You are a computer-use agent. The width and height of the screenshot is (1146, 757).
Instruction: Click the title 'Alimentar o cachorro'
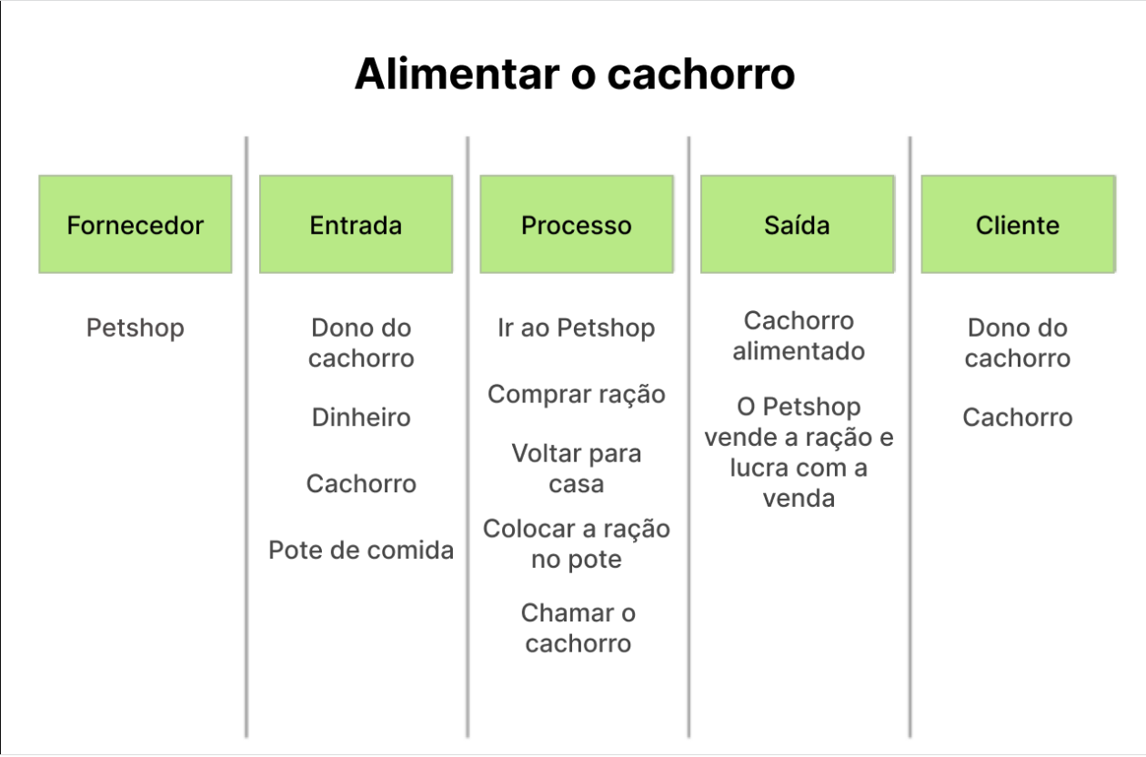point(575,75)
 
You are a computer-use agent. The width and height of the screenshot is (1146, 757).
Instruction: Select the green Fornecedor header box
point(136,224)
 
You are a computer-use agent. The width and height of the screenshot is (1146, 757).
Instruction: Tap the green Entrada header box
point(357,224)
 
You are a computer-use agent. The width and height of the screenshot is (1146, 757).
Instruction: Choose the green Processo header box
point(577,224)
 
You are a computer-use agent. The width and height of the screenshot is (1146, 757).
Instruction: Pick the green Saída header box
point(798,224)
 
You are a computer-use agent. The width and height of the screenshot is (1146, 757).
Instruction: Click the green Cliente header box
point(1018,224)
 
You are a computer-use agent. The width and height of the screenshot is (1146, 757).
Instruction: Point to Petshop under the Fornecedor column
point(135,328)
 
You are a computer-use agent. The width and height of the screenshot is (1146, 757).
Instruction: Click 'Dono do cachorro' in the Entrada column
point(361,343)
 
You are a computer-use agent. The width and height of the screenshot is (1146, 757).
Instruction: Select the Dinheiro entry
point(361,417)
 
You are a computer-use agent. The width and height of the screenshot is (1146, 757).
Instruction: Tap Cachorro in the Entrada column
point(361,484)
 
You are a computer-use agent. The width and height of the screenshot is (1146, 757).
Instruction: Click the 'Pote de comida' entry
point(361,550)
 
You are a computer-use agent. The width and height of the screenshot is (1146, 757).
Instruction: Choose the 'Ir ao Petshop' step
point(577,328)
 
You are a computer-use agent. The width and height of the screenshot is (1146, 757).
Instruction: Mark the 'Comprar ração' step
point(577,395)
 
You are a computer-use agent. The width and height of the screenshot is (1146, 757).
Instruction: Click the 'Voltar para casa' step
point(577,469)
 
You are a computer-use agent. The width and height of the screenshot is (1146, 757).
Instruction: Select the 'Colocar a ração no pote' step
point(577,544)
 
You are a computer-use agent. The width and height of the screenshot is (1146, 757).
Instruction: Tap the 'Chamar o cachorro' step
point(578,628)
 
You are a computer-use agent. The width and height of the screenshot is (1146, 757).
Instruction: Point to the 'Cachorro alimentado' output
point(799,337)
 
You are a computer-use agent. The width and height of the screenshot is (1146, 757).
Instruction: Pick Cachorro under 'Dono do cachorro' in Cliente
point(1018,417)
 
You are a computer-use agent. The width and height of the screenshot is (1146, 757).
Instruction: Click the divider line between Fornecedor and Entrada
point(246,437)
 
